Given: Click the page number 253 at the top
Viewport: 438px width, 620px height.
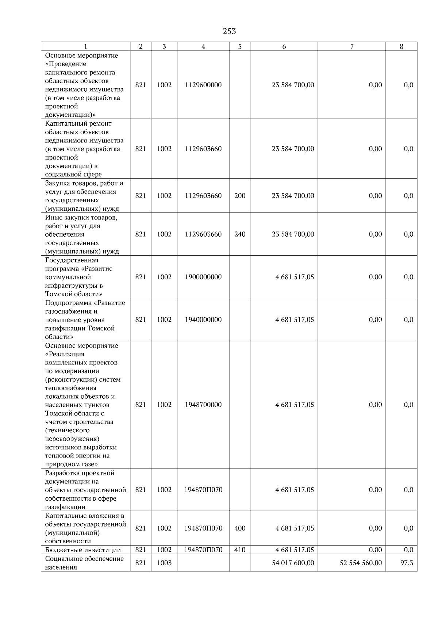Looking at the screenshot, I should [229, 31].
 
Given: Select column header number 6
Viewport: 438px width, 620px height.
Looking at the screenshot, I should [284, 46].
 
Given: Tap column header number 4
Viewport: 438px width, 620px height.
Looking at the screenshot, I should [203, 46].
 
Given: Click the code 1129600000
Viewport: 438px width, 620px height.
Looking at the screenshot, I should [203, 85].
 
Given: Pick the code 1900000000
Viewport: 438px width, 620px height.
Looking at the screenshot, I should [203, 277].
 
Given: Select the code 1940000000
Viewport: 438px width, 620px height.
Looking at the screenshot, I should [203, 320].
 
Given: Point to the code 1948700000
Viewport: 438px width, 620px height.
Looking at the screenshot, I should [203, 405].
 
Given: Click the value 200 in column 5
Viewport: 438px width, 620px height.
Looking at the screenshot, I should [240, 196].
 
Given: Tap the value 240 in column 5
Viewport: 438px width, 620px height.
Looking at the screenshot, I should [240, 234].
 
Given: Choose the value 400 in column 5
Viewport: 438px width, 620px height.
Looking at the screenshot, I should [240, 528].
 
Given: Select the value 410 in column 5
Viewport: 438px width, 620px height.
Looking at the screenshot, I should [240, 550].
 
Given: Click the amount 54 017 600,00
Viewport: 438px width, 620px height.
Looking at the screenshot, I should [293, 563].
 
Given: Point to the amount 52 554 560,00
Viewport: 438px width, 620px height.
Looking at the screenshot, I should [361, 563].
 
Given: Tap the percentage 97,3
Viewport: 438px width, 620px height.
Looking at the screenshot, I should [407, 563].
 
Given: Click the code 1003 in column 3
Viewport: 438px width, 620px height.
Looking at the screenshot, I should [164, 563].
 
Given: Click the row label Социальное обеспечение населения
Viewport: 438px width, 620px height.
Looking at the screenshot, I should [84, 563].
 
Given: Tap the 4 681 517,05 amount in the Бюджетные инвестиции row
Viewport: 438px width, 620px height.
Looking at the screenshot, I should [295, 550].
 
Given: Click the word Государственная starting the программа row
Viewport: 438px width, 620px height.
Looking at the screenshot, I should [72, 260].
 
